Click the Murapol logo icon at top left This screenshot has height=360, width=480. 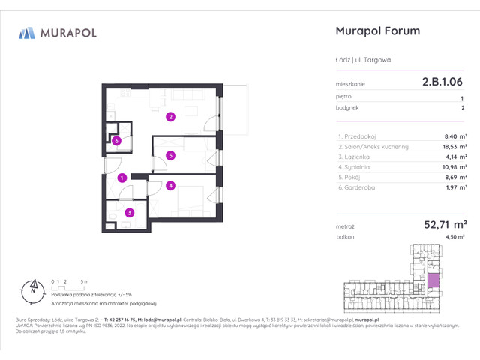(x=27, y=33)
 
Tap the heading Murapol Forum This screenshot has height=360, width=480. (x=375, y=31)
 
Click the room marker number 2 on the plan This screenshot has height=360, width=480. (x=171, y=116)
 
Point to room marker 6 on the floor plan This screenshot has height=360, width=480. (x=117, y=140)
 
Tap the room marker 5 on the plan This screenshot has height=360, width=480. (x=171, y=156)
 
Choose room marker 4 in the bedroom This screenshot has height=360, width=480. (x=171, y=185)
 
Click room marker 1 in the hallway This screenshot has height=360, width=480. (x=121, y=178)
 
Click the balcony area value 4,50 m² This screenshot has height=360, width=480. (x=456, y=237)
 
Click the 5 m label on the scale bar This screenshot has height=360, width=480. (x=86, y=280)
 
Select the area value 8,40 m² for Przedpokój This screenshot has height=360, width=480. (x=454, y=137)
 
